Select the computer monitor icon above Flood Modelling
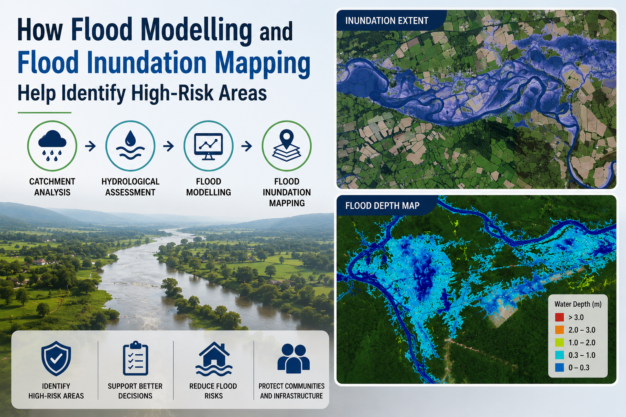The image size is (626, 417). pos(209,146)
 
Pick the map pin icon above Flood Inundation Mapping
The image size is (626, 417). pos(287,145)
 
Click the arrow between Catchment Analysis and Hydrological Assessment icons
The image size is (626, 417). pos(90,146)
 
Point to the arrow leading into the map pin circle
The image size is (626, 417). pos(247,146)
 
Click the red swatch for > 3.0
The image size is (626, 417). pos(559,317)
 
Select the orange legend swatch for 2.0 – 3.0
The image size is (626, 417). pos(559,330)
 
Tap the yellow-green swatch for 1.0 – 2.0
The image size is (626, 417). pos(559,342)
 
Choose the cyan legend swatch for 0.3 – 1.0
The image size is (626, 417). pos(559,355)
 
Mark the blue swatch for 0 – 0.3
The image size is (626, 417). pos(559,368)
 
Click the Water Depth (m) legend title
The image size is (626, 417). pos(578,304)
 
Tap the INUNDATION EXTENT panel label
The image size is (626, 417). pos(387,21)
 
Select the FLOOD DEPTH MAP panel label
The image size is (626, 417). pos(382,206)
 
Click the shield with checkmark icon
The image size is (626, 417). pos(56,358)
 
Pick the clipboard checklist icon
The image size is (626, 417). pos(135,358)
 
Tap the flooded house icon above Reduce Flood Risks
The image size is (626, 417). pos(214,359)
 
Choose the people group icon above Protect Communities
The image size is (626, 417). pos(293,359)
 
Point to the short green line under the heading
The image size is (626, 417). pos(44,112)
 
